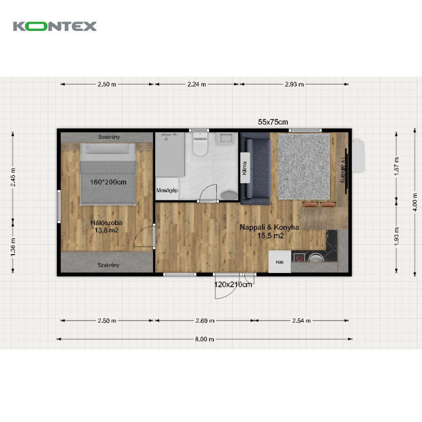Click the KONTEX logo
tap(55, 26)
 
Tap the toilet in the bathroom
tap(200, 143)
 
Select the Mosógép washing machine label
tap(167, 190)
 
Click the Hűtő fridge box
tap(279, 262)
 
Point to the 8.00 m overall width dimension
tap(204, 339)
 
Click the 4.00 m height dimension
tap(415, 202)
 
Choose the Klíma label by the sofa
tap(245, 168)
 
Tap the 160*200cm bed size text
tap(108, 182)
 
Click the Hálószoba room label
tap(106, 223)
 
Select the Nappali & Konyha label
tap(269, 227)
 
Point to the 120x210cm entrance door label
tap(233, 285)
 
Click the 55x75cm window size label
tap(273, 122)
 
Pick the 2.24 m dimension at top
tap(197, 84)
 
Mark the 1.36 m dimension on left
tap(13, 247)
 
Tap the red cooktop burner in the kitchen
tap(299, 258)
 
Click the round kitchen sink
tap(316, 257)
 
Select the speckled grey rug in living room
tap(304, 166)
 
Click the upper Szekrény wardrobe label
tap(109, 137)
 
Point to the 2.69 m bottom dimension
tap(205, 321)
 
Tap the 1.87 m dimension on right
tap(396, 166)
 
